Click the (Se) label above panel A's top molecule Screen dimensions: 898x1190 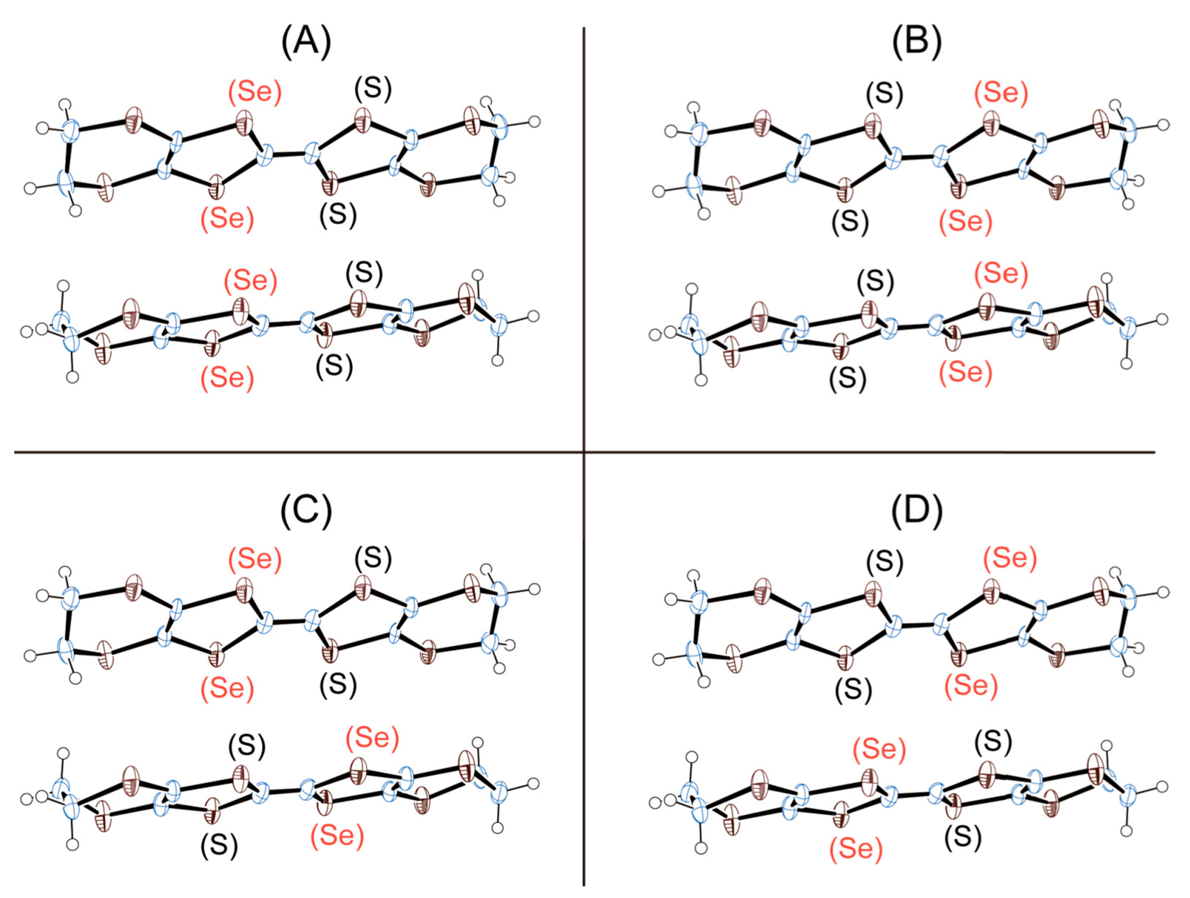(254, 92)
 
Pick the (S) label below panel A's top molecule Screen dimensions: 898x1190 (338, 215)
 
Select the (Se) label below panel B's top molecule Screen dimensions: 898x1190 (965, 221)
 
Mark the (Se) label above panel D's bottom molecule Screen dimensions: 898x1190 (879, 749)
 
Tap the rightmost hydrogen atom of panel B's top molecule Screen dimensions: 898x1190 (1163, 125)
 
